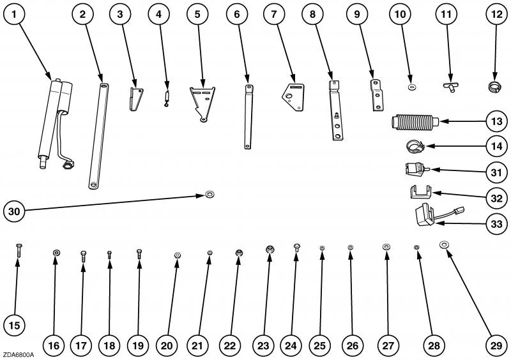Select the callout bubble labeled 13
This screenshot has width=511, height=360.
pos(494,121)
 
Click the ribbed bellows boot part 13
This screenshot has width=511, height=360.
pos(413,121)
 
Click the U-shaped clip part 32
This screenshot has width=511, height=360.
pos(419,190)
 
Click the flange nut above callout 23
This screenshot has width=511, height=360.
pos(270,248)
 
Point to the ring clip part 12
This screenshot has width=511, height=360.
pos(494,86)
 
